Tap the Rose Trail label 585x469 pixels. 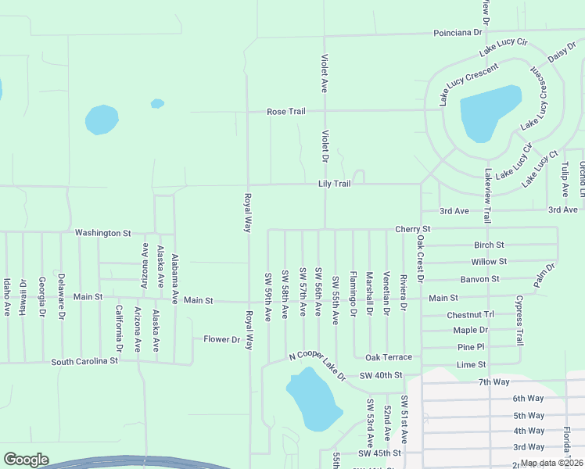click(285, 112)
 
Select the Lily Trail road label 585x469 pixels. click(334, 184)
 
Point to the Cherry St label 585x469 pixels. click(413, 229)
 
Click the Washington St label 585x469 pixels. click(103, 233)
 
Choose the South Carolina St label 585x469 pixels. click(84, 362)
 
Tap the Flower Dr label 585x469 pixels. click(222, 339)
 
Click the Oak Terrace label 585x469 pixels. click(388, 357)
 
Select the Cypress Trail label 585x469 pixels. click(519, 320)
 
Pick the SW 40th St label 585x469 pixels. click(380, 376)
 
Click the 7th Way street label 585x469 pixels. click(493, 382)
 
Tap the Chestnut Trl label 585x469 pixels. click(471, 315)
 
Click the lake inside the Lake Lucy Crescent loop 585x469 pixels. click(490, 111)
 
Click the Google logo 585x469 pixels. click(26, 460)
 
